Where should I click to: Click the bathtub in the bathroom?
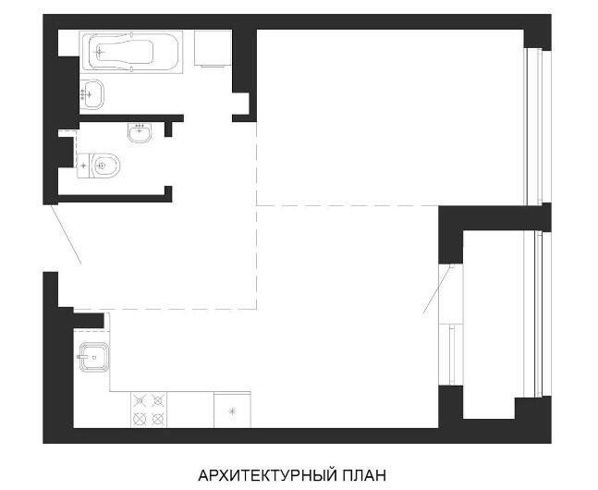click(131, 52)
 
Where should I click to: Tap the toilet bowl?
click(106, 165)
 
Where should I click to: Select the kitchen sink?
click(94, 357)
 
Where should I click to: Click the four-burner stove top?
click(149, 410)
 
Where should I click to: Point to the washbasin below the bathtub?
click(92, 94)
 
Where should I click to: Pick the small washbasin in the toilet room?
click(140, 132)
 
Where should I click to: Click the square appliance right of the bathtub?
click(213, 48)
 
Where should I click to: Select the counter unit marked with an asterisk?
click(232, 410)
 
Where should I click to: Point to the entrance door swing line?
click(66, 234)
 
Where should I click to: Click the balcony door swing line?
click(438, 289)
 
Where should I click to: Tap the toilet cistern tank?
click(83, 165)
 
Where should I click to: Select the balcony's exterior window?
click(537, 314)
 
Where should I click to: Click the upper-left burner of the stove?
click(140, 400)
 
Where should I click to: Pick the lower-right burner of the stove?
click(157, 419)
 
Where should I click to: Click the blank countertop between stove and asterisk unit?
click(190, 410)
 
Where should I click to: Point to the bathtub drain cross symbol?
click(100, 52)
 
